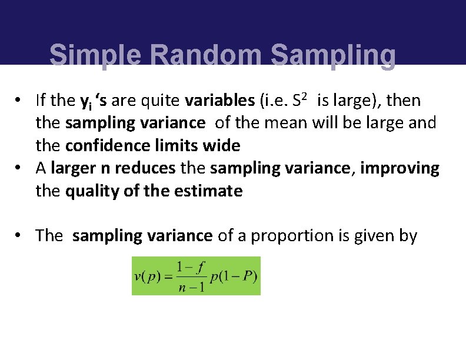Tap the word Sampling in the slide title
pyautogui.click(x=333, y=56)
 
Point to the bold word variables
pyautogui.click(x=219, y=101)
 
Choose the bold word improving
pyautogui.click(x=400, y=168)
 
